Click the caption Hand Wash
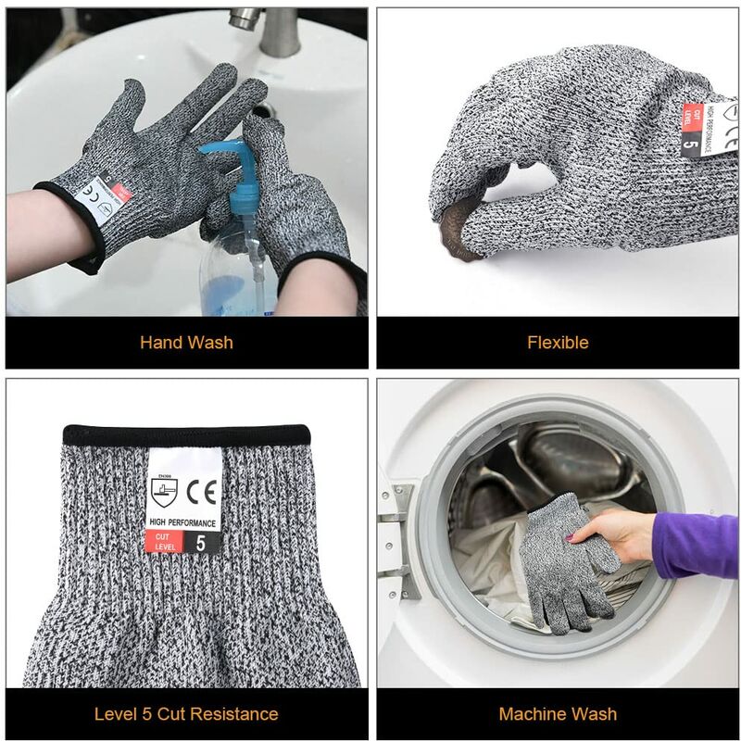186,343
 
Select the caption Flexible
558,343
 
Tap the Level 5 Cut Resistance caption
186,714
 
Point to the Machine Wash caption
558,714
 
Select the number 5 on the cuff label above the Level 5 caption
201,543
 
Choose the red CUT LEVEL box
164,543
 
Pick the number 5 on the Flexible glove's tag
690,142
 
